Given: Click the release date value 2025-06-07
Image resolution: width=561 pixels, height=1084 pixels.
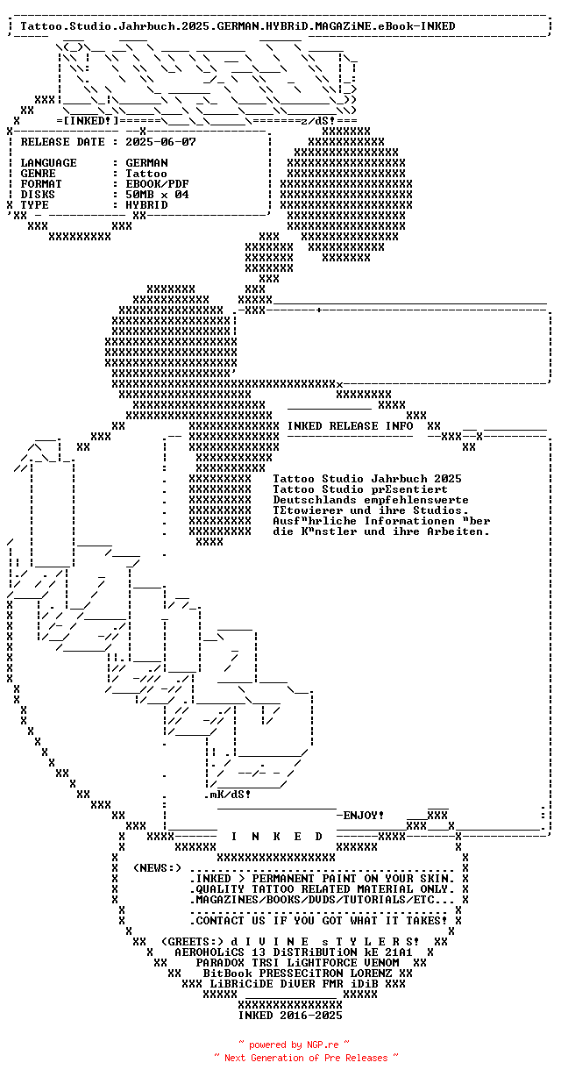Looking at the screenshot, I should [160, 141].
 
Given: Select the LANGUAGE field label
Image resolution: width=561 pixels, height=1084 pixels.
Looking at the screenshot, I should [48, 162].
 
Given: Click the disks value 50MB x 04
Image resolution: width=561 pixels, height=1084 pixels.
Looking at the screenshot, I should [157, 194].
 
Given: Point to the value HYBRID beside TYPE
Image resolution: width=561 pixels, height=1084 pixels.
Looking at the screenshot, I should [146, 204].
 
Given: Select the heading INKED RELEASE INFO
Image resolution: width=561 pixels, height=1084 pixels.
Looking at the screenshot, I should [350, 426].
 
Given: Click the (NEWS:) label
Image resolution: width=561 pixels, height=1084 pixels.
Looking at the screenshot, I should [157, 867].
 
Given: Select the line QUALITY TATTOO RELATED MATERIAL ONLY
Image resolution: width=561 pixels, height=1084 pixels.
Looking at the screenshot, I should [322, 888].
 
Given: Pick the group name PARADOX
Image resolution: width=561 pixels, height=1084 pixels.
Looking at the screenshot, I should [220, 962].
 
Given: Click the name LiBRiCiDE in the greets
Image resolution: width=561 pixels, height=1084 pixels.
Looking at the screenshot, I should [241, 983].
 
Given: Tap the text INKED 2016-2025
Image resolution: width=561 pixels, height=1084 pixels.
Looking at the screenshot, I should [290, 1015].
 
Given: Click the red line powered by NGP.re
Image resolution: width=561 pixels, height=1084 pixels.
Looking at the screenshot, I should [294, 1045].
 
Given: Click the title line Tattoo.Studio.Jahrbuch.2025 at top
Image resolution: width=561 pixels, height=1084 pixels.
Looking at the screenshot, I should [238, 26].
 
